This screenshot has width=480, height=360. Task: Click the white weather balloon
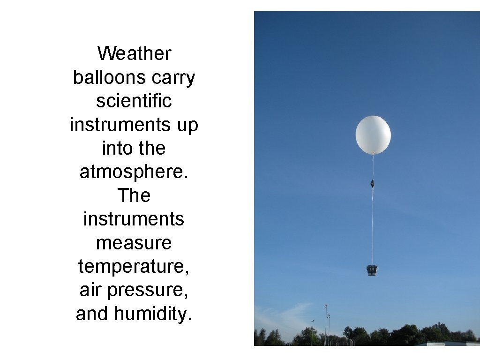(373, 135)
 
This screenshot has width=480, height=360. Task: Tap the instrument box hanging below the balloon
(372, 270)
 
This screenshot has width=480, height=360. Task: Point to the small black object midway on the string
(372, 183)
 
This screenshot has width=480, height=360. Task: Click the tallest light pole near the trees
(325, 323)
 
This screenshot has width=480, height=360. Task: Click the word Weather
(134, 53)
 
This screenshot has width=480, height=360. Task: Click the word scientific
(134, 101)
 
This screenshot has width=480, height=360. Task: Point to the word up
(187, 125)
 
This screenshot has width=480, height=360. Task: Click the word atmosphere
(134, 172)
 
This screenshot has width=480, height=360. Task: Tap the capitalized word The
(134, 195)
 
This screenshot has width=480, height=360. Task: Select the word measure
(134, 243)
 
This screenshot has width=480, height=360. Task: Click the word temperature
(134, 267)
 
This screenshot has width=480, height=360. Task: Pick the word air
(90, 290)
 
